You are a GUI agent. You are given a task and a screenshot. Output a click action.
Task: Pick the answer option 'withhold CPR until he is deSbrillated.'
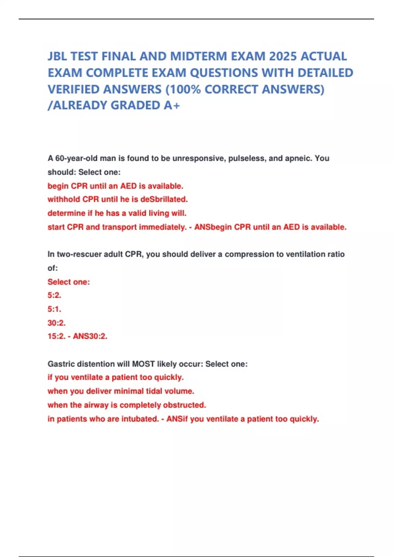(118, 199)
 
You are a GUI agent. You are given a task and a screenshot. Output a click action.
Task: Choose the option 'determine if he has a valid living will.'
(117, 213)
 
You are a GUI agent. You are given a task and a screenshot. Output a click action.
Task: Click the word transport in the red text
(119, 227)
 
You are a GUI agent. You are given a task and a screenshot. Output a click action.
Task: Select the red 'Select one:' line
(68, 282)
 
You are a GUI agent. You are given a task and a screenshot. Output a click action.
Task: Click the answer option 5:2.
(54, 295)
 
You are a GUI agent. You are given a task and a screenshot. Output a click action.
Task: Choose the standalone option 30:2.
(57, 323)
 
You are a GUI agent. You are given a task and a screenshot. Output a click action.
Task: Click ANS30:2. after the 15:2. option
(90, 336)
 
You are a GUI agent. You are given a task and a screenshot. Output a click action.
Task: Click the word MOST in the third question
(143, 364)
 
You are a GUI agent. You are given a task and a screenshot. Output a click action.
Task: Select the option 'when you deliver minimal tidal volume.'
(121, 391)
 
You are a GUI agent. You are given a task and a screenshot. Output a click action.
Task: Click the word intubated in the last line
(140, 419)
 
